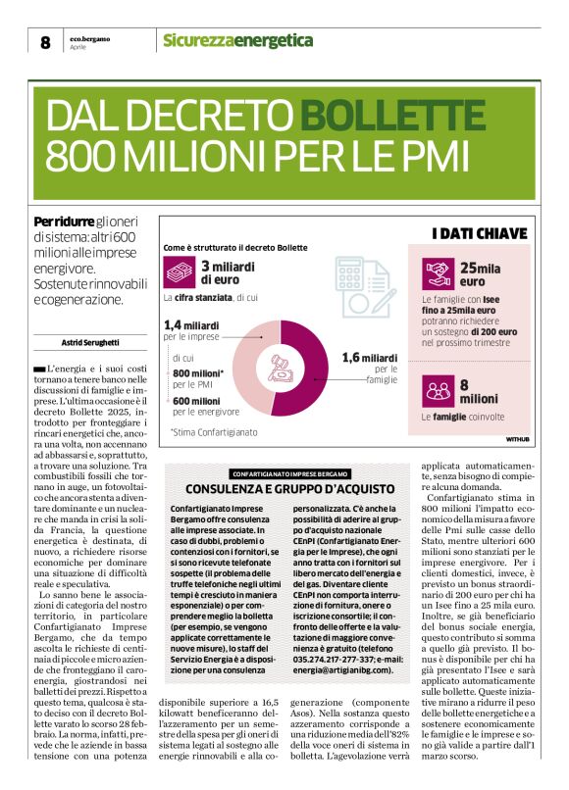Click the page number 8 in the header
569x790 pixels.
pos(45,41)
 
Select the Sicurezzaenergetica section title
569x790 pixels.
pos(237,40)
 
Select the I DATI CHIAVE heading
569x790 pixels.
pos(480,233)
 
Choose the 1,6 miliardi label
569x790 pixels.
pos(369,358)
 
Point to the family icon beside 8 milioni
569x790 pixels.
pos(437,391)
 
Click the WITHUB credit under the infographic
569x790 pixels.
pos(517,439)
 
